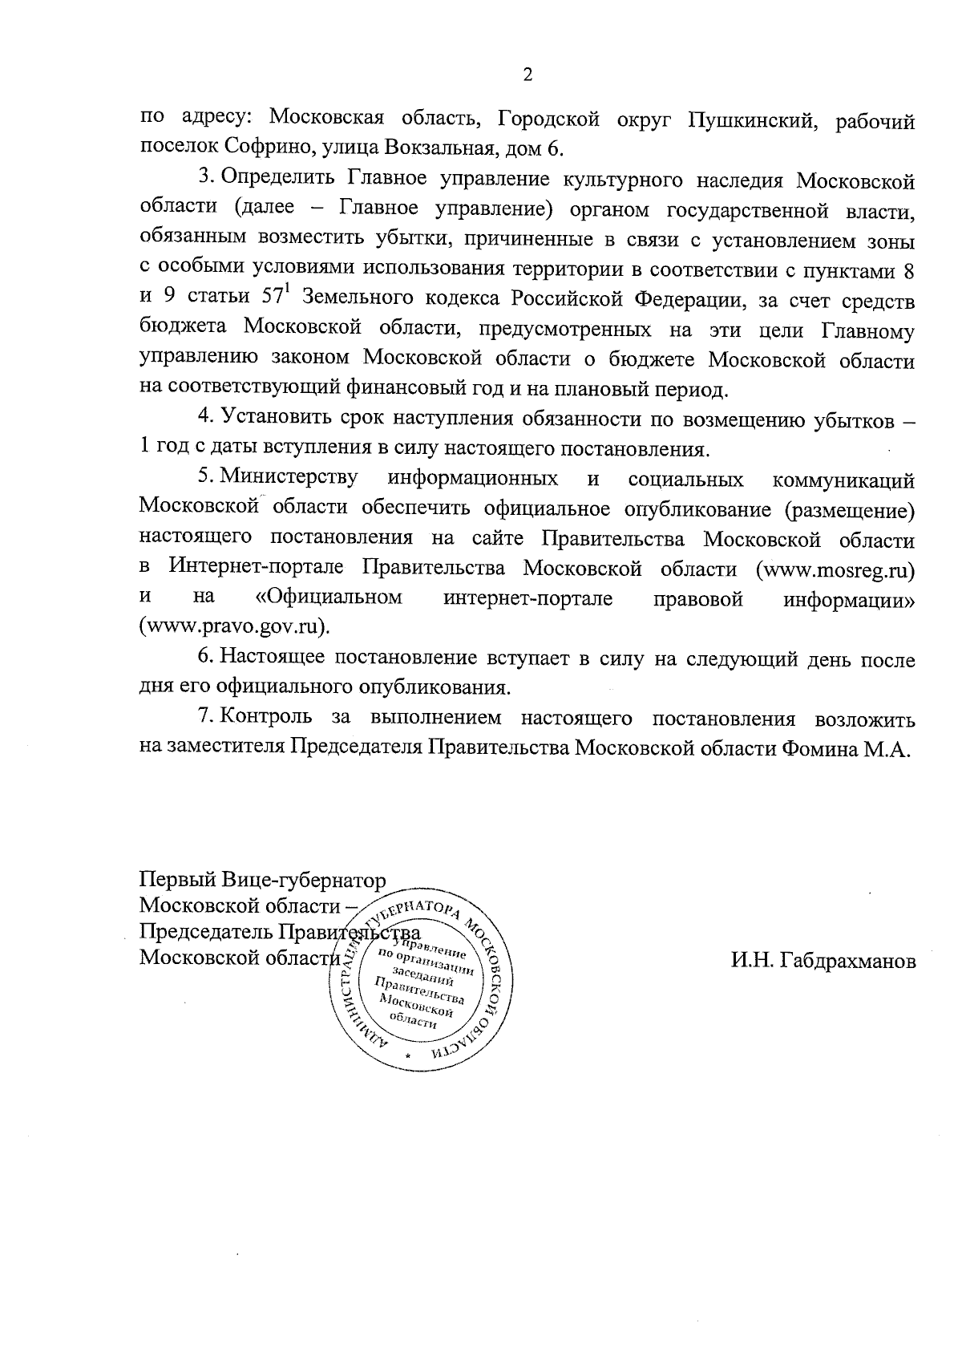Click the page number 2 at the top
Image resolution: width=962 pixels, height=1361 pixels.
click(527, 75)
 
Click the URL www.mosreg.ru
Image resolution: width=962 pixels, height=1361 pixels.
click(835, 569)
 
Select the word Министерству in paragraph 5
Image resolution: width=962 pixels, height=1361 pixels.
click(289, 480)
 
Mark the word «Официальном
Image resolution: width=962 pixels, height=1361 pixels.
click(329, 598)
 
